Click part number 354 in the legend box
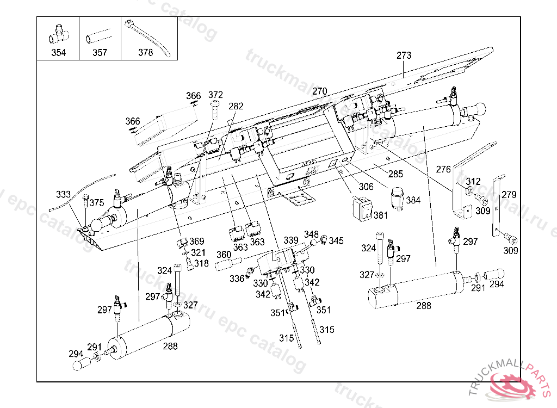58,53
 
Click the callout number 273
404,55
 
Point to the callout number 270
320,91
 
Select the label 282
236,106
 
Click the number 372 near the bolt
216,95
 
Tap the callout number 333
63,194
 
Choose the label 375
96,203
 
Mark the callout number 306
366,187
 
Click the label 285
395,175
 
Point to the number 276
444,170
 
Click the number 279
509,195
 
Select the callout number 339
291,240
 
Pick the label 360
224,255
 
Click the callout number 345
336,240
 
